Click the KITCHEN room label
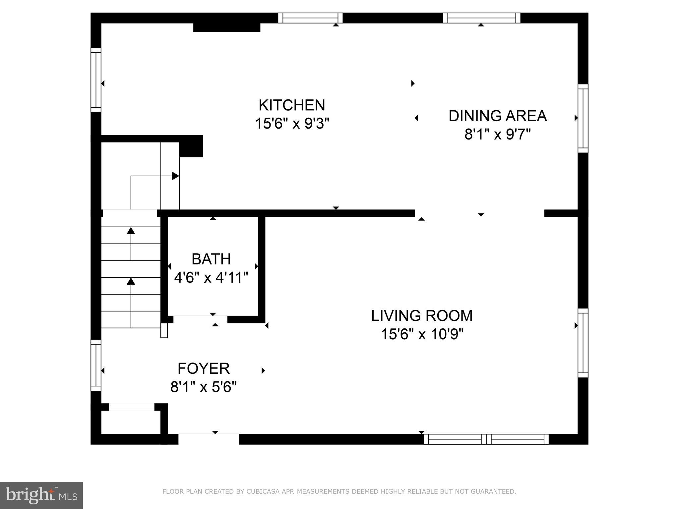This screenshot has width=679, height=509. (292, 105)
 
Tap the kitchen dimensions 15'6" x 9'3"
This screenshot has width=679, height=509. (292, 124)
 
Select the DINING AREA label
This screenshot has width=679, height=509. (497, 116)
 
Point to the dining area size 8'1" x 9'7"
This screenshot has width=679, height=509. (497, 135)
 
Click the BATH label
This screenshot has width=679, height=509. (211, 259)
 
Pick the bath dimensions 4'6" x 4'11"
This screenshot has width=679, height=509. (211, 278)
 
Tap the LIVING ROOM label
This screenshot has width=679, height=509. (422, 316)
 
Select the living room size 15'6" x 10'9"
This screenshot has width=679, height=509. (422, 334)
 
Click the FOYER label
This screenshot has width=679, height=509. (204, 368)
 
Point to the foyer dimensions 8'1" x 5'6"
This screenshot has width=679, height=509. (204, 387)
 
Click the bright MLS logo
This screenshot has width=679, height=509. (41, 495)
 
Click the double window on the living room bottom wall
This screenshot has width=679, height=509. (486, 439)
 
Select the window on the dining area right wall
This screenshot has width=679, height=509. (583, 118)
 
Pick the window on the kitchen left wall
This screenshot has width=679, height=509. (96, 80)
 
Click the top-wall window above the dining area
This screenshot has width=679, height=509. (481, 18)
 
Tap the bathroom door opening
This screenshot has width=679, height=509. (200, 319)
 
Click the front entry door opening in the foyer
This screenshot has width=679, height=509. (209, 439)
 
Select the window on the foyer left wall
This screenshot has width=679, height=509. (96, 365)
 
